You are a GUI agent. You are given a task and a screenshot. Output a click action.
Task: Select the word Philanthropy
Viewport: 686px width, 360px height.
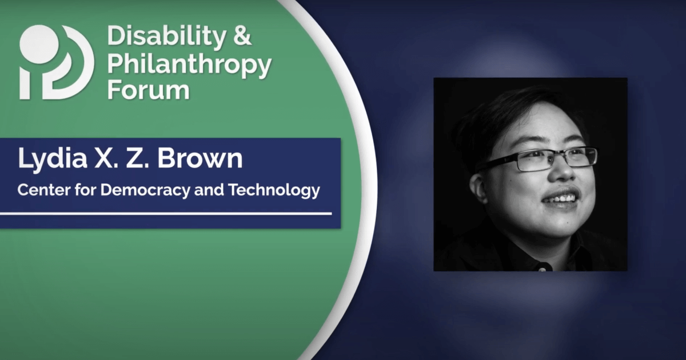pyautogui.click(x=189, y=65)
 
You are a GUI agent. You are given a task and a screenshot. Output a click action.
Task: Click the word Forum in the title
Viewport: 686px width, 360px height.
pyautogui.click(x=148, y=90)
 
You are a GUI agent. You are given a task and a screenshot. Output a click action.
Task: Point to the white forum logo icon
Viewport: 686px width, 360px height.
pyautogui.click(x=56, y=63)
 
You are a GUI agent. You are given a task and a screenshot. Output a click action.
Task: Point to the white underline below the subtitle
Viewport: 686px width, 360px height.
pyautogui.click(x=166, y=214)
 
